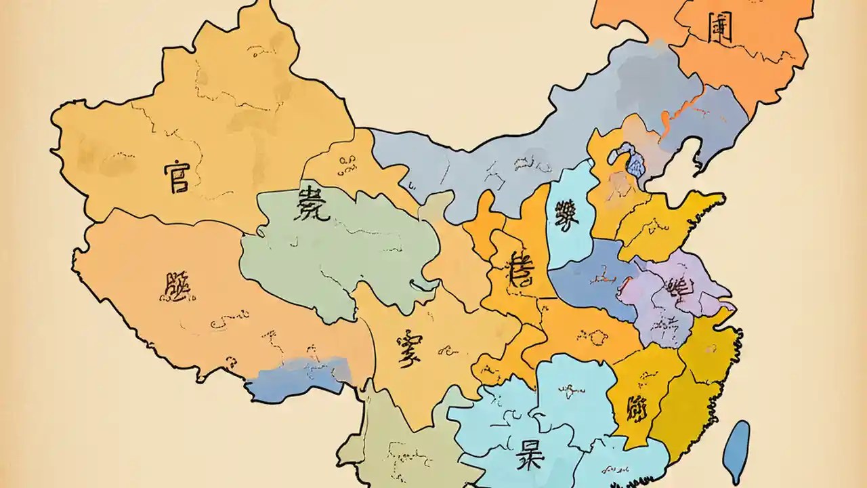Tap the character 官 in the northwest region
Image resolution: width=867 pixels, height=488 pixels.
177,176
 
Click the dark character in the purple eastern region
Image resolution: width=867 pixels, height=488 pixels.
677,288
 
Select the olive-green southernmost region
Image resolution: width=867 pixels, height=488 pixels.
400,441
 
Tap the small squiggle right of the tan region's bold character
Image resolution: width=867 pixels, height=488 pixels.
447,350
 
